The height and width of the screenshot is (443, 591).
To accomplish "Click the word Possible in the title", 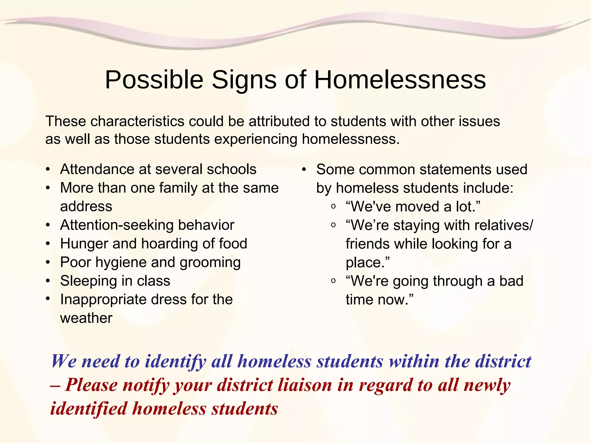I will pyautogui.click(x=154, y=80).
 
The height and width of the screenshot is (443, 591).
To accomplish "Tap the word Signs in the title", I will pyautogui.click(x=244, y=80).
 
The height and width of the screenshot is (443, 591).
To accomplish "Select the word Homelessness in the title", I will pyautogui.click(x=400, y=80).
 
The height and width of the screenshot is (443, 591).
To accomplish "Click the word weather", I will pyautogui.click(x=86, y=318).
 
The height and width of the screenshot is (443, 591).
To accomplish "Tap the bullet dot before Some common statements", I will pyautogui.click(x=304, y=169).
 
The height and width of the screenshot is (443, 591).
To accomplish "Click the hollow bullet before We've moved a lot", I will pyautogui.click(x=333, y=207).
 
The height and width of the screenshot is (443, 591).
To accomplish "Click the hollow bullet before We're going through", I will pyautogui.click(x=333, y=281).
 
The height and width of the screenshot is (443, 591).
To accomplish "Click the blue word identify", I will pyautogui.click(x=175, y=361).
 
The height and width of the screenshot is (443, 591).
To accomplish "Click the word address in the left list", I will pyautogui.click(x=86, y=207).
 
